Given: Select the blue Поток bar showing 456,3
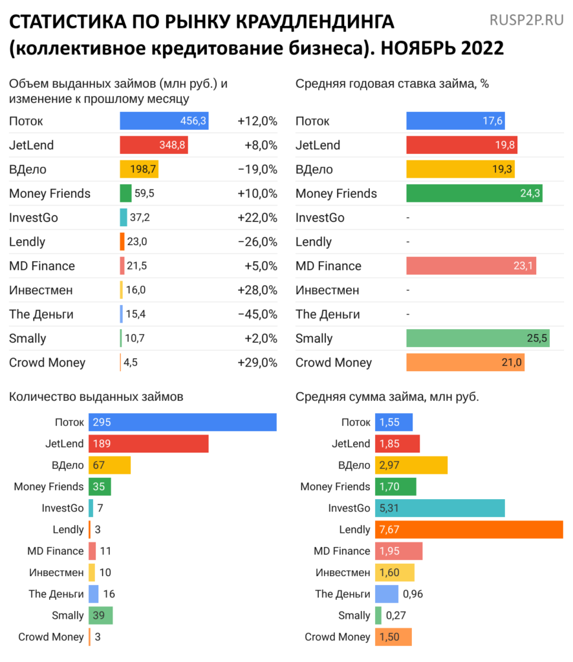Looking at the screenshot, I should click(x=164, y=121).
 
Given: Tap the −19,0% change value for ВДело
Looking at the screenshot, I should click(x=257, y=169).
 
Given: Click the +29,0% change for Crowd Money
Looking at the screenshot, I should click(x=257, y=363).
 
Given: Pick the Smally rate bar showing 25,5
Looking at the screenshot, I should click(x=478, y=338).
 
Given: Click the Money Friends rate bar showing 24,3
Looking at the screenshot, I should click(x=474, y=193).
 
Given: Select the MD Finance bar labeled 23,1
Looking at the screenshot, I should click(x=471, y=266).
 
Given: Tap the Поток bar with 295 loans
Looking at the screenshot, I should click(x=182, y=422).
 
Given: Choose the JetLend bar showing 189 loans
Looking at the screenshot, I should click(x=148, y=443).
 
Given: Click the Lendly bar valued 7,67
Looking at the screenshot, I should click(x=469, y=529).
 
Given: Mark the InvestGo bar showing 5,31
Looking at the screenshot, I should click(x=440, y=508).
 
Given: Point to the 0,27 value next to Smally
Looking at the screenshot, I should click(x=396, y=615).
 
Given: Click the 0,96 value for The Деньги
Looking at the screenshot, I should click(x=413, y=593).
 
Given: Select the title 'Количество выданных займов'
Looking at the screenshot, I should click(x=96, y=396).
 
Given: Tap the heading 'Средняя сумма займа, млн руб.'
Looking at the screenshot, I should click(x=387, y=396).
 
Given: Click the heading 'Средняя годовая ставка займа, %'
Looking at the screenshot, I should click(x=392, y=84).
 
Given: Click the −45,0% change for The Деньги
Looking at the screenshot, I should click(x=257, y=314).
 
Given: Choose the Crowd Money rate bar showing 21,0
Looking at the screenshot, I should click(x=465, y=363).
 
